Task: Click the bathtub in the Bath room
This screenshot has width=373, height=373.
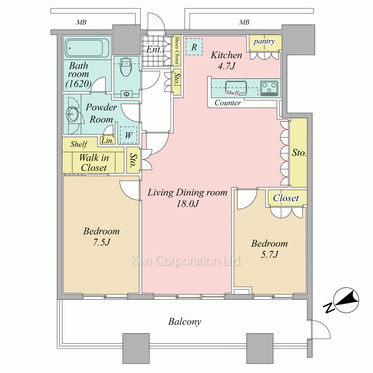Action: [x=87, y=48]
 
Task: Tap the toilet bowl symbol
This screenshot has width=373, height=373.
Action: [x=126, y=67]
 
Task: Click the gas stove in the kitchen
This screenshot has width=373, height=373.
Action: [x=269, y=88]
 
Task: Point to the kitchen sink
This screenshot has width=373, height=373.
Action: [x=236, y=88]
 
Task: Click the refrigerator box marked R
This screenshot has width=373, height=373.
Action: [x=194, y=47]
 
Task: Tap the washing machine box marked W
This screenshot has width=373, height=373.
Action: [x=128, y=135]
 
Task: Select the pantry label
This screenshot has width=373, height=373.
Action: [x=264, y=42]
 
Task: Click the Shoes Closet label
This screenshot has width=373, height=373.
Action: [x=177, y=50]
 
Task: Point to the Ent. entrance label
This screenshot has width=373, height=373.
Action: [x=154, y=50]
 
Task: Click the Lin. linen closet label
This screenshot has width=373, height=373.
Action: [x=107, y=141]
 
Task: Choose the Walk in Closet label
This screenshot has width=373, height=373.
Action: [x=94, y=163]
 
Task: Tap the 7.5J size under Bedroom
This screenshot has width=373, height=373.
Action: [x=101, y=242]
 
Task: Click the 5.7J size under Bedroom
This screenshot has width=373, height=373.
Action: [x=269, y=254]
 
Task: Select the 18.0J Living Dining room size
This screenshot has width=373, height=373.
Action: [x=188, y=204]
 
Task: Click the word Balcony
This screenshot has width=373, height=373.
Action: [x=185, y=322]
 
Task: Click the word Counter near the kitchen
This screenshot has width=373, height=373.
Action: [x=228, y=103]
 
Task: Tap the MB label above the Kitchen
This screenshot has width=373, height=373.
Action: [x=244, y=22]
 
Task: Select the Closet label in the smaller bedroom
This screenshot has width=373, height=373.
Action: [x=286, y=198]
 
